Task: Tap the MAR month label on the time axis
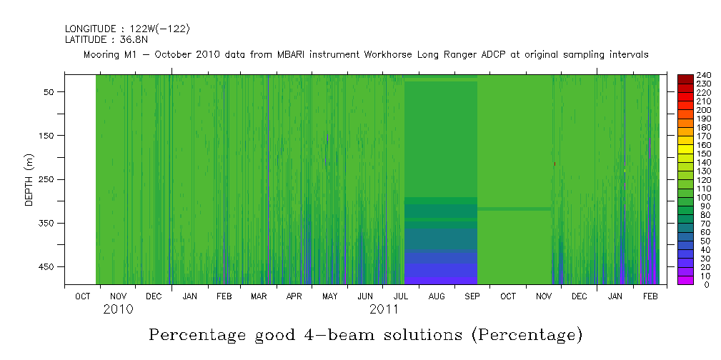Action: point(258,296)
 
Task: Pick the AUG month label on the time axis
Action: point(436,296)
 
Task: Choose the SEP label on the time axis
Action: point(472,296)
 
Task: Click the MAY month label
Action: point(329,296)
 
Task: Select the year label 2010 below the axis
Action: point(118,310)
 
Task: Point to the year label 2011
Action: point(384,310)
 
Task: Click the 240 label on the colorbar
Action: point(703,75)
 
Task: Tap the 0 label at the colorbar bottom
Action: point(697,284)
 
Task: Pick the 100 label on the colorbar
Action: point(703,197)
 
